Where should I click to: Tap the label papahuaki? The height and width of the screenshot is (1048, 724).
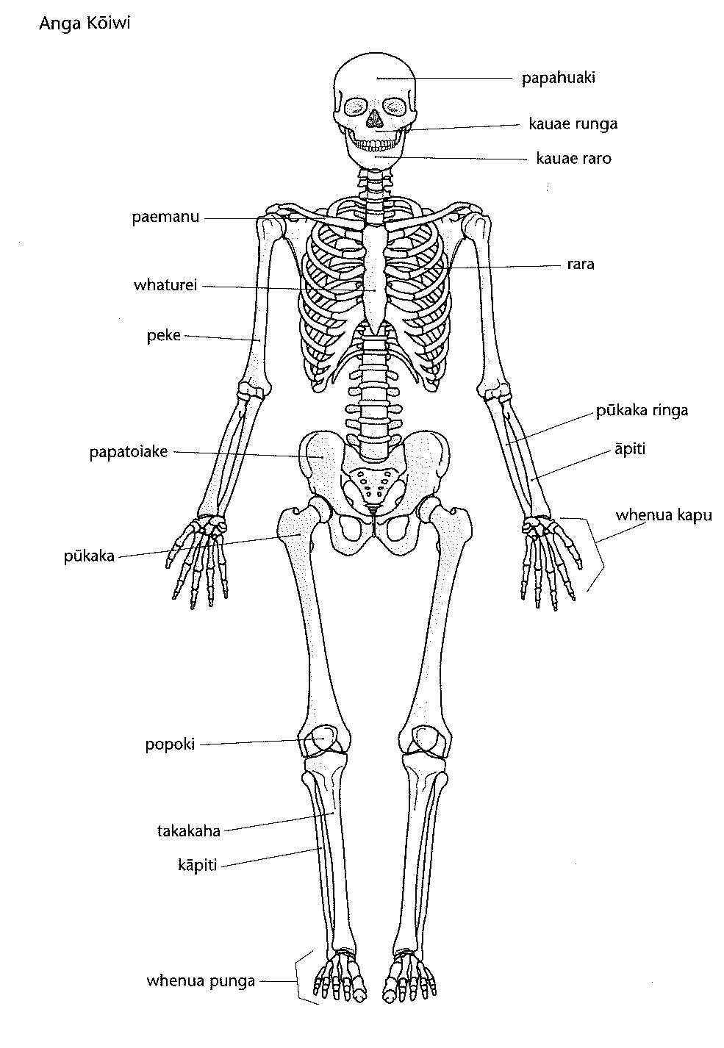[558, 78]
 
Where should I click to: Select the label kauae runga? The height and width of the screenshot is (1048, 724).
[573, 123]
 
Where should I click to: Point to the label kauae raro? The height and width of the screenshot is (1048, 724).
[573, 158]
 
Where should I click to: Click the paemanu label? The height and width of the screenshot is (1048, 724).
[165, 218]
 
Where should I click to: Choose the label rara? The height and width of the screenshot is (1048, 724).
[580, 264]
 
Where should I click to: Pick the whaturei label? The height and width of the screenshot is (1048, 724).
[165, 285]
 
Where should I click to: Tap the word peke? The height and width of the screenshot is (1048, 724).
[163, 336]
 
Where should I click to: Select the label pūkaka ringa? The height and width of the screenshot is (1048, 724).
[642, 410]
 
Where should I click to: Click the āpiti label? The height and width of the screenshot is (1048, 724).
[630, 448]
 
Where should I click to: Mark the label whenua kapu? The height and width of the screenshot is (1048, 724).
[664, 515]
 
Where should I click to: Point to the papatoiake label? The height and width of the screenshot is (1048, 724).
[129, 452]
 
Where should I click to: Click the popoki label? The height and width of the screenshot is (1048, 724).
[170, 744]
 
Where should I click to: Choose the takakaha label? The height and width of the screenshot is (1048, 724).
[189, 831]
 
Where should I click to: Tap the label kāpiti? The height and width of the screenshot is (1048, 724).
[197, 866]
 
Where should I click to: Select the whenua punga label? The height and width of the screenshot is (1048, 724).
[201, 980]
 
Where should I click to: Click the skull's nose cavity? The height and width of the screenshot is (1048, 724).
[374, 116]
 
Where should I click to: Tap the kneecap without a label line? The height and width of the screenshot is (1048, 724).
[426, 739]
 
